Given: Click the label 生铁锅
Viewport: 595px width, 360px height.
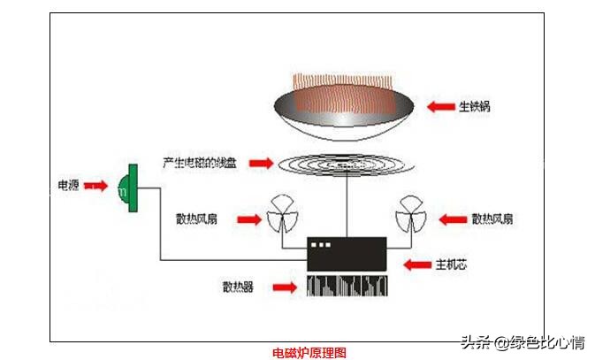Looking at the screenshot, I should click(474, 107).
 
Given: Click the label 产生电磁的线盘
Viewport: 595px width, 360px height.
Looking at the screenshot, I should click(202, 163).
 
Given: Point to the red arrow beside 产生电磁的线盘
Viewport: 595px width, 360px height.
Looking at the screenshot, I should click(262, 163).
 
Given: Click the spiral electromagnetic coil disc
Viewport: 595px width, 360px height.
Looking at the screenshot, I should click(340, 165).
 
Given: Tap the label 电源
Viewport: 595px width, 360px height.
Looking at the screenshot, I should click(68, 187).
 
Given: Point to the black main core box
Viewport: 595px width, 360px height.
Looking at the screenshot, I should click(346, 254).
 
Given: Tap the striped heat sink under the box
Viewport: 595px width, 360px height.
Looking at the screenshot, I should click(346, 285).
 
